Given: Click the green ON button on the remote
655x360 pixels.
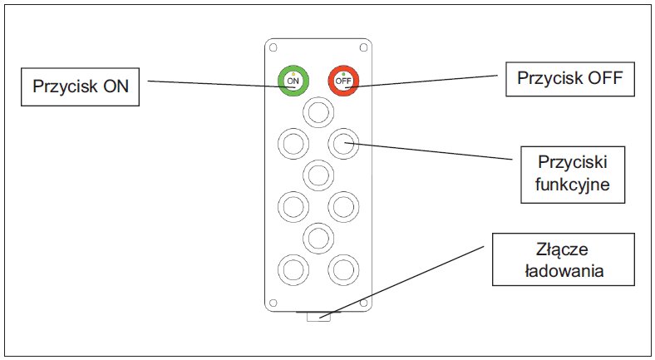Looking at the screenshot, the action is coord(293,81).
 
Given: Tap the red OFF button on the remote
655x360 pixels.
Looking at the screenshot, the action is coord(343,81).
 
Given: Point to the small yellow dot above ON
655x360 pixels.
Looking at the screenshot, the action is coord(293,74).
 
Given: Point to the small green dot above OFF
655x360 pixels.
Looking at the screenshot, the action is coord(343,74).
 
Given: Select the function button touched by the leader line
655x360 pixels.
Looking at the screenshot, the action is coord(343,144).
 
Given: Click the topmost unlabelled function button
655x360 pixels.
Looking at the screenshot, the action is coord(318,112).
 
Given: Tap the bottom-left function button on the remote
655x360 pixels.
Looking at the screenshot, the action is coord(293,269).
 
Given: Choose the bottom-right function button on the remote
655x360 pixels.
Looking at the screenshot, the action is coord(343,269).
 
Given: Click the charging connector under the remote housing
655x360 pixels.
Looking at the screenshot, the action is coord(318,316).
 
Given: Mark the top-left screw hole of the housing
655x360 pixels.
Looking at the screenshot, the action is coord(273,47).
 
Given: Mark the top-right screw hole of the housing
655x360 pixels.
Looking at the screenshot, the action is coord(363,47).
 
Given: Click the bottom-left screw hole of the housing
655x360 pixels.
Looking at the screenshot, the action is coord(273,303).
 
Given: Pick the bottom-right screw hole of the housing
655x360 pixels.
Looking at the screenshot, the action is coord(363,303).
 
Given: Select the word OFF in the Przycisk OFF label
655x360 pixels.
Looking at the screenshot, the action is coord(605,78).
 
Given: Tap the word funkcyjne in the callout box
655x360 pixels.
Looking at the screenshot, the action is coord(572,185).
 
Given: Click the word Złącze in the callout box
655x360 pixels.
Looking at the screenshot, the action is coord(562,249).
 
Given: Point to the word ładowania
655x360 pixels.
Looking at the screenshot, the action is coord(564,271).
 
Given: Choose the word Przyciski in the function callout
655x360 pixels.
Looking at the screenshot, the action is coord(572,162).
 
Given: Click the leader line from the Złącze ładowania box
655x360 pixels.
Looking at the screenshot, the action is coord(401,282).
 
